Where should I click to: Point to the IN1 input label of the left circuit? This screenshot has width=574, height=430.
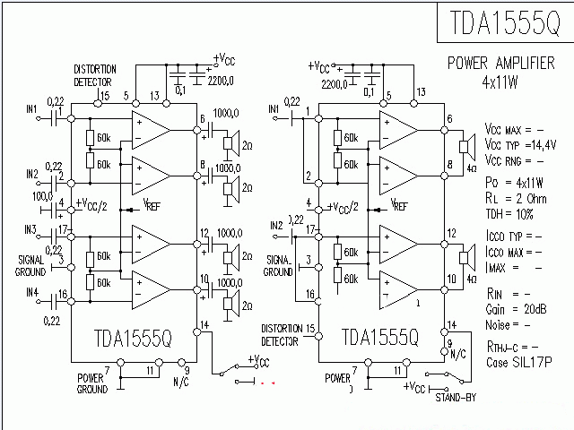(x=32, y=109)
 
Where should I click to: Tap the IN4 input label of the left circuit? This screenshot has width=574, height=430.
(x=32, y=292)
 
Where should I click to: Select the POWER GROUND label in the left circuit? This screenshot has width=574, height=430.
(x=91, y=383)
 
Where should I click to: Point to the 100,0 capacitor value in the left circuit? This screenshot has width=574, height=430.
(x=42, y=195)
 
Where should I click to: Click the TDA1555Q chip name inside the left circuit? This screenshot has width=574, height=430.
(x=132, y=337)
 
